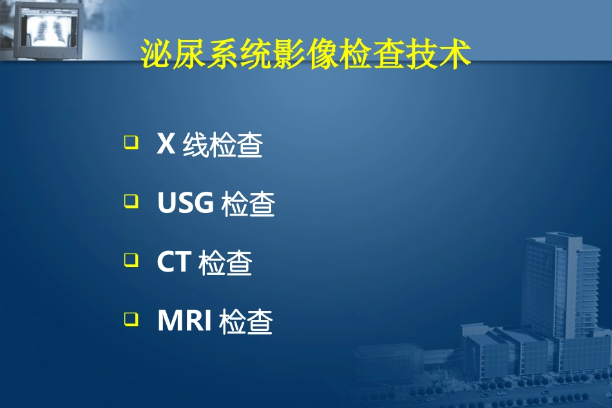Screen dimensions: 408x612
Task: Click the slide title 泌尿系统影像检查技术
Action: click(x=306, y=56)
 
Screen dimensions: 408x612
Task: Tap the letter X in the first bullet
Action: click(x=166, y=144)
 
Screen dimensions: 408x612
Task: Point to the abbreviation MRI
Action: click(x=185, y=321)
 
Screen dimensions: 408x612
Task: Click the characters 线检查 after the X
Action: click(x=222, y=145)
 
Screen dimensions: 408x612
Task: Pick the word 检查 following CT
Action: click(x=225, y=263)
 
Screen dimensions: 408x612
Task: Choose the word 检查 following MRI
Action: click(x=246, y=322)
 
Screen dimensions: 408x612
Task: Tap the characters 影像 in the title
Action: click(x=306, y=56)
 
